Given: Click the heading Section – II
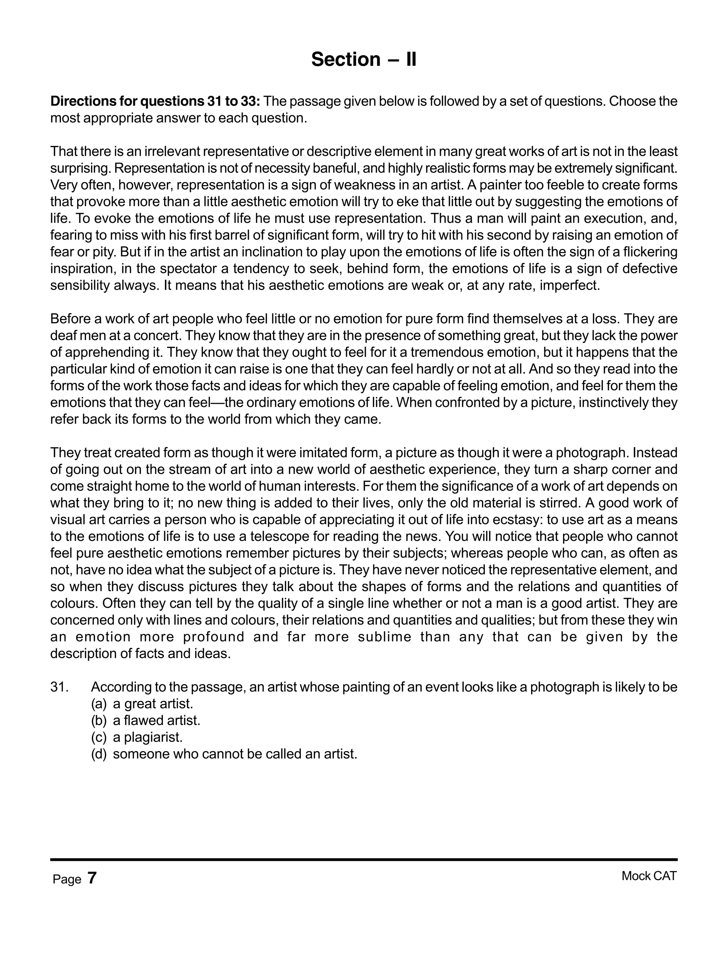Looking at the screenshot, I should tap(364, 59).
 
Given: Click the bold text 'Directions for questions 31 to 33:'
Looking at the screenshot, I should tap(155, 101).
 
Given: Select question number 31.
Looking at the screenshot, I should tap(59, 687).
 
